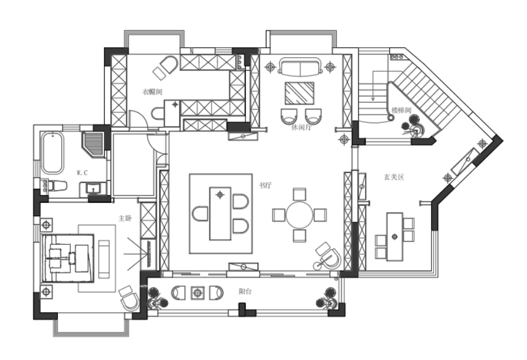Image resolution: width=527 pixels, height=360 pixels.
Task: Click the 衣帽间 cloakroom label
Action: (x=152, y=91)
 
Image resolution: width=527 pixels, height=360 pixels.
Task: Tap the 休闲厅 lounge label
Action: (x=301, y=127)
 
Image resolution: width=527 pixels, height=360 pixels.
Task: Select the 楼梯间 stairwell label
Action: (x=401, y=110)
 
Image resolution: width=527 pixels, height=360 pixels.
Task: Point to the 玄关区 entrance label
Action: (x=394, y=177)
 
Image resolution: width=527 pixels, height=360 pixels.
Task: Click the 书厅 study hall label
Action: (x=265, y=185)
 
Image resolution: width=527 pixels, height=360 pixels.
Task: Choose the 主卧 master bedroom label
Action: (x=124, y=218)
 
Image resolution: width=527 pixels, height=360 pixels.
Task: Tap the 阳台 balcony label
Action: (x=245, y=291)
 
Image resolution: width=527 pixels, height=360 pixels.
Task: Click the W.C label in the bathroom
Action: (x=82, y=173)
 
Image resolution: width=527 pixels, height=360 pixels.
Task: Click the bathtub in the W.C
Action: (x=52, y=153)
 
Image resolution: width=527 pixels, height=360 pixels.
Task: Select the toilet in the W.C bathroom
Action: (x=57, y=185)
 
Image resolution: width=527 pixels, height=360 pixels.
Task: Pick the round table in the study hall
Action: (x=299, y=215)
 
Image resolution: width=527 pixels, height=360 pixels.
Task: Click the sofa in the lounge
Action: (x=300, y=66)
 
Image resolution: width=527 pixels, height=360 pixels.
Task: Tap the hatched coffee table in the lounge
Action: (x=300, y=93)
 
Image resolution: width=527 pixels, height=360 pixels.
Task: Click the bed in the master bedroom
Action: (x=68, y=258)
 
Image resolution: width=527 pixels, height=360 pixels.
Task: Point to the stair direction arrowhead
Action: (x=373, y=99)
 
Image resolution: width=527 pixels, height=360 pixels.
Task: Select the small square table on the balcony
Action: (x=197, y=293)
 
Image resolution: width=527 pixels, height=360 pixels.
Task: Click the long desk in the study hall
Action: (x=220, y=213)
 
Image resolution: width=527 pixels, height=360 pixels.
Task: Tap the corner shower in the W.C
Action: (x=92, y=144)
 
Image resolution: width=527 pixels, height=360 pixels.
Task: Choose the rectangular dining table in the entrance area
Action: (x=394, y=237)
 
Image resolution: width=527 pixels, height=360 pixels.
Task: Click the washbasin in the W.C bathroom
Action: (x=93, y=188)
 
